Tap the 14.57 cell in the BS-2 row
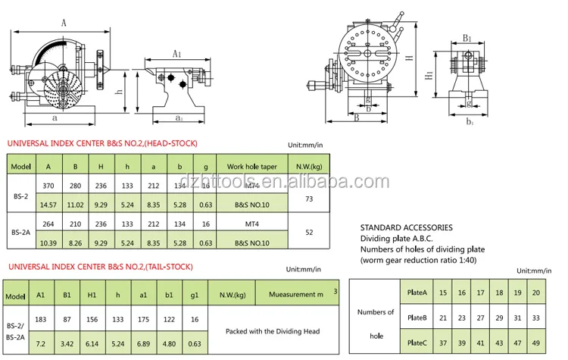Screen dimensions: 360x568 pos(48,204)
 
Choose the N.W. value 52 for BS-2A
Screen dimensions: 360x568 pos(309,233)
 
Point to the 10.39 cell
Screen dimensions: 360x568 pos(48,243)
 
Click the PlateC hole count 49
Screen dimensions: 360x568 pos(537,342)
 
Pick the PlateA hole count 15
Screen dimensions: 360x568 pos(442,292)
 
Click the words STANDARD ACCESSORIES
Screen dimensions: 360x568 pos(406,227)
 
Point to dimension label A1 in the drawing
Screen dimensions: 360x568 pos(176,54)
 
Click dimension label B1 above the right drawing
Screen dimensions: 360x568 pos(467,37)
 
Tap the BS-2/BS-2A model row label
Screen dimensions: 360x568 pos(15,331)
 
